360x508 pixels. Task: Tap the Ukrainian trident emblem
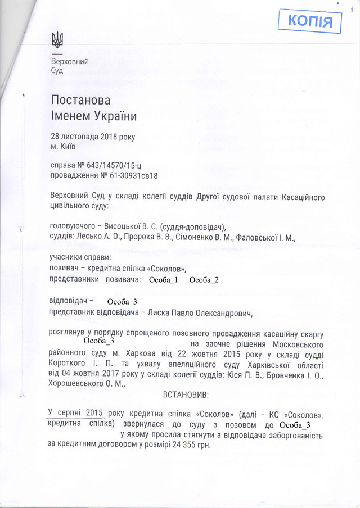point(57,39)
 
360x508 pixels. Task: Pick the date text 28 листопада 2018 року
point(92,137)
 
